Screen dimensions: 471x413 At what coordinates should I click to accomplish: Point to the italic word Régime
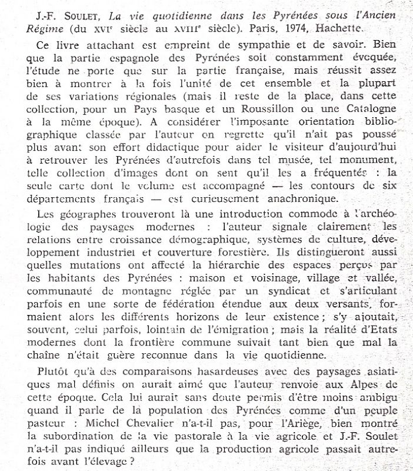pyautogui.click(x=28, y=27)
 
